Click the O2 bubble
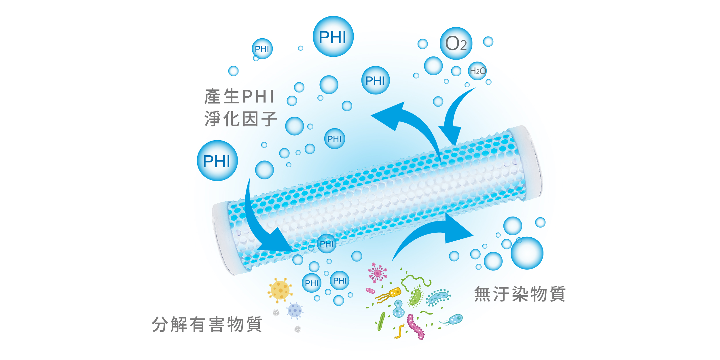456,43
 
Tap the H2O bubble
477,71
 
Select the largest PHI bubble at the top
333,37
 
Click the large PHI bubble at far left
217,161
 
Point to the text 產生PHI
239,96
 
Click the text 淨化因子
241,119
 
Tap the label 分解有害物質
207,324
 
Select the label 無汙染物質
520,294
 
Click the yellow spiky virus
280,290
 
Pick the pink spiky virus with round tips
377,273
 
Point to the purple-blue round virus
295,310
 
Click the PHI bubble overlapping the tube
326,244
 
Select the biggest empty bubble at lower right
527,253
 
